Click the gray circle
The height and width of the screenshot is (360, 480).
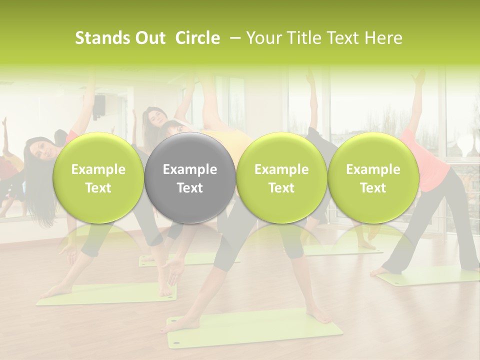pos(190,177)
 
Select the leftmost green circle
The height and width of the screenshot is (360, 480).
pos(98,177)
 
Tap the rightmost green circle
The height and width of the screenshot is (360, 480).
pos(373,177)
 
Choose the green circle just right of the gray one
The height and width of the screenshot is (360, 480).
pos(281,177)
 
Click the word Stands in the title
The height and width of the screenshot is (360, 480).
pos(101,38)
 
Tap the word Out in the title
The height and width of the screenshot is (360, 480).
pos(149,38)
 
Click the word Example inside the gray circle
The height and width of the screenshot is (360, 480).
pos(190,170)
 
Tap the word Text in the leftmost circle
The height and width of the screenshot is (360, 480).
pos(98,188)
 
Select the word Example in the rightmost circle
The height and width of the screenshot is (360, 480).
pos(373,170)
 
